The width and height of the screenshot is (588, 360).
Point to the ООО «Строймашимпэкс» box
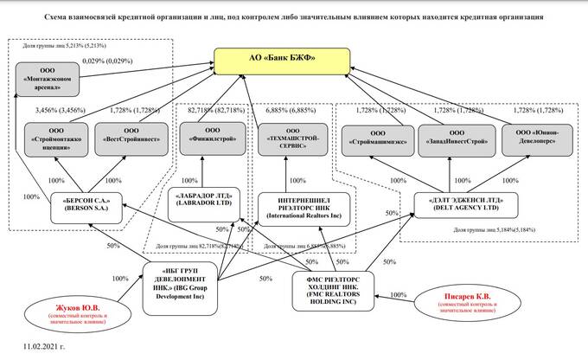click(x=374, y=139)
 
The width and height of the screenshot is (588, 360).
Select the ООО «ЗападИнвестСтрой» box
click(x=451, y=139)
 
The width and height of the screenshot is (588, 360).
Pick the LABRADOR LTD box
click(x=206, y=199)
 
